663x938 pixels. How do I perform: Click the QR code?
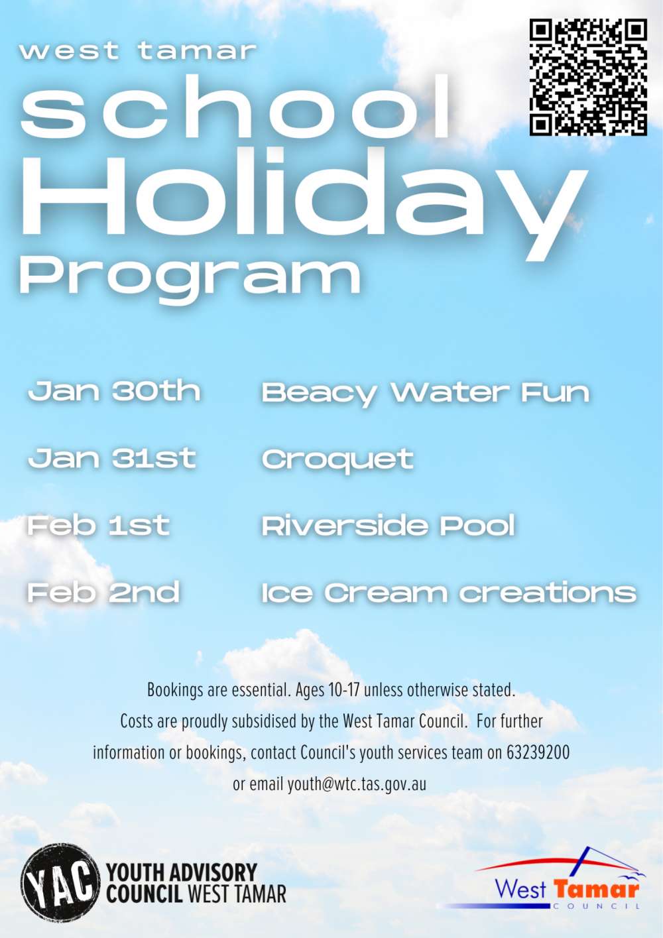[x=588, y=77]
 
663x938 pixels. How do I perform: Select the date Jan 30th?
[x=114, y=392]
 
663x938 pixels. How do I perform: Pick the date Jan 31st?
[x=112, y=458]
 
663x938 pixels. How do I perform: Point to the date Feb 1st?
[x=99, y=525]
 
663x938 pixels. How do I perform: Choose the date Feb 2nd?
[x=104, y=592]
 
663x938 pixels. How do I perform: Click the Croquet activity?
[x=337, y=460]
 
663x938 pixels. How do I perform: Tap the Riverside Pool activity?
[x=389, y=526]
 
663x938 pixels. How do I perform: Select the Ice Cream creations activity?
[x=449, y=593]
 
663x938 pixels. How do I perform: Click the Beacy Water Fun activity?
[x=426, y=394]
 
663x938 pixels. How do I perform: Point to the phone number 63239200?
[x=538, y=752]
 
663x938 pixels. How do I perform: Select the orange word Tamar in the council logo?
[x=597, y=888]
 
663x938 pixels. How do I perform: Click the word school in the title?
[x=235, y=107]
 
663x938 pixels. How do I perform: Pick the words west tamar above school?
[x=137, y=51]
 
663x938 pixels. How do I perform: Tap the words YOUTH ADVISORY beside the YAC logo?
[x=182, y=872]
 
